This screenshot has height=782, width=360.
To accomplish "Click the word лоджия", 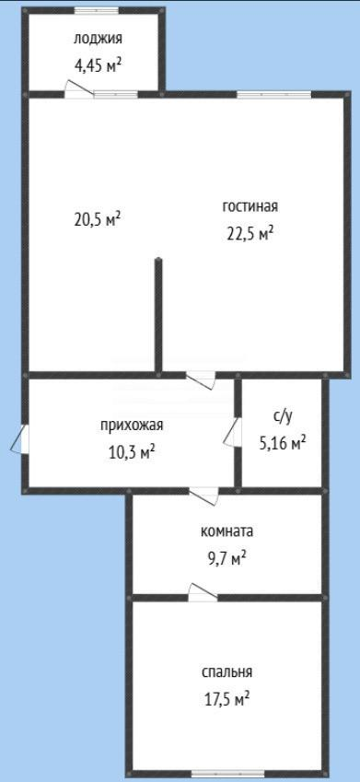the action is pos(98,40).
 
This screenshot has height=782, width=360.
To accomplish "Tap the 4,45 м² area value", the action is pos(98,65).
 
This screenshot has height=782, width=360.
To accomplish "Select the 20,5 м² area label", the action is pos(99,220).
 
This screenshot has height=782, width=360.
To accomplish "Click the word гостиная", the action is pos(250,207).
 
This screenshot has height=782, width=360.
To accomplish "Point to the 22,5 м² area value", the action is pos(250,233).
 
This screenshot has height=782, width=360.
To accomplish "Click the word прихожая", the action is pos(132,426).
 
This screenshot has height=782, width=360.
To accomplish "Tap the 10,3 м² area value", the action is pos(132,452).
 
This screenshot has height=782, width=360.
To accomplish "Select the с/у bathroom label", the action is pos(282,417).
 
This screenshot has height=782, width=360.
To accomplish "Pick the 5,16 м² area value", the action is pos(282,443).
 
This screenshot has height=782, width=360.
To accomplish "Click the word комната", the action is pos(226,531).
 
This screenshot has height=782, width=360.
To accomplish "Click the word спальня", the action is pos(226,672).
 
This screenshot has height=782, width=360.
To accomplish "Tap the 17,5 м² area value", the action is pos(226,699).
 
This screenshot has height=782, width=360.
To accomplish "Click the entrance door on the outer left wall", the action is pos(20,439).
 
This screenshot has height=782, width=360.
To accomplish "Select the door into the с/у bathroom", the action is pos(233,432).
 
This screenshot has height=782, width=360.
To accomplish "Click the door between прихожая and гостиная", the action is pos(201,380).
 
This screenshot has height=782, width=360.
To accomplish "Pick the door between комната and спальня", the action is pos(203,592).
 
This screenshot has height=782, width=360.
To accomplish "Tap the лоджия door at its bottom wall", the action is pos(79,88).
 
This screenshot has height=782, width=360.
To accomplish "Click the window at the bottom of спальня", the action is pos(227,774).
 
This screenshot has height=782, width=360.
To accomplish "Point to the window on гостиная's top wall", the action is pos(273,94).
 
